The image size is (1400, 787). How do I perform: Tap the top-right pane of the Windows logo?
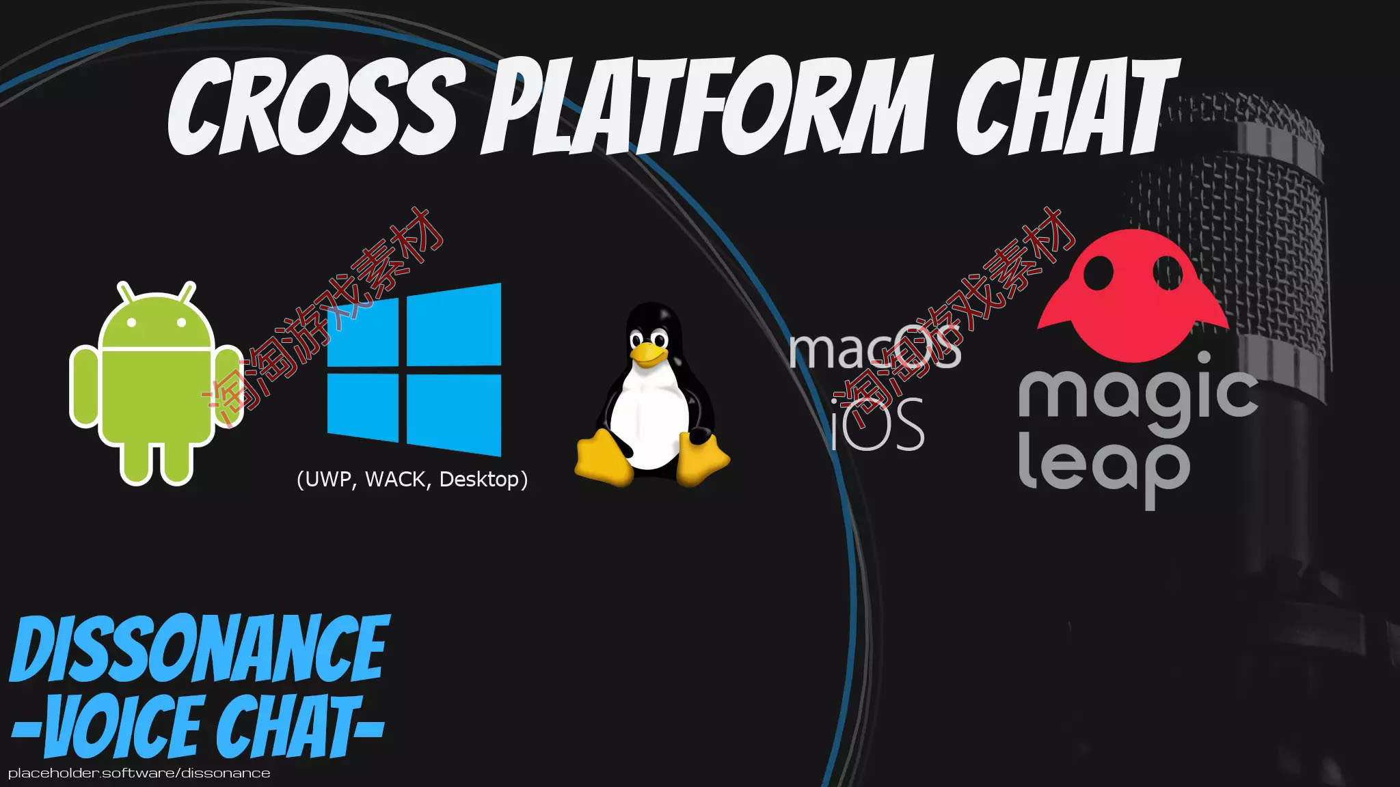454,324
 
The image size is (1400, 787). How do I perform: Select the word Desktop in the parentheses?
479,480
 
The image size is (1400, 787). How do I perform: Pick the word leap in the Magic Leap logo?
1103,468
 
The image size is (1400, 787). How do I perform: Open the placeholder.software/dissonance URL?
139,773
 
